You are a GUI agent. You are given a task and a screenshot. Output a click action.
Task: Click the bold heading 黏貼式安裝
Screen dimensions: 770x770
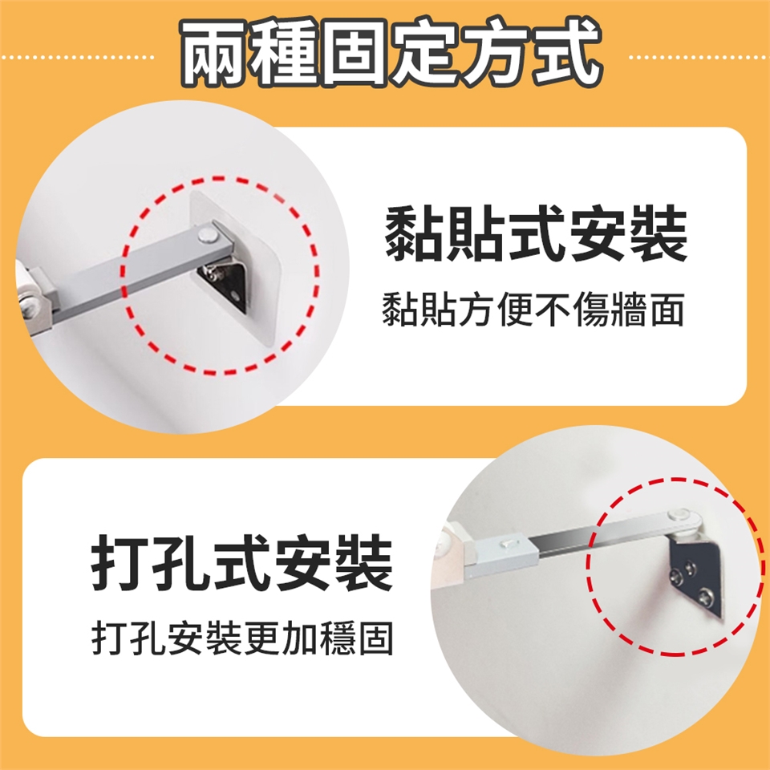(535, 234)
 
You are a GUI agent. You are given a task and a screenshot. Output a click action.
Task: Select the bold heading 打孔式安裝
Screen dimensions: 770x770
(241, 563)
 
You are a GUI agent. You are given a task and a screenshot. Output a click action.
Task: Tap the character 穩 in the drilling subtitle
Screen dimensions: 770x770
(338, 638)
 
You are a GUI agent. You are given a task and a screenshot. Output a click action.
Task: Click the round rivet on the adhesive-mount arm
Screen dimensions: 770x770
(209, 234)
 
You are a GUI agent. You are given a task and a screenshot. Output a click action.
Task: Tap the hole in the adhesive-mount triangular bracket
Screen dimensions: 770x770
(235, 296)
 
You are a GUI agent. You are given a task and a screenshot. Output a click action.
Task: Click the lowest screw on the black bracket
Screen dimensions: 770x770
(706, 596)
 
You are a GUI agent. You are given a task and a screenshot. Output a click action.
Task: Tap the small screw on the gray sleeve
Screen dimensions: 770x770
(508, 544)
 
